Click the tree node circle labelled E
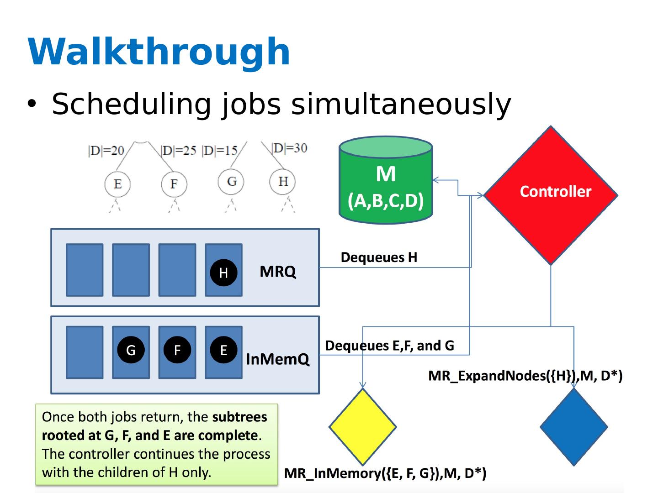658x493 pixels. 117,184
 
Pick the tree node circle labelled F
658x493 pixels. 174,184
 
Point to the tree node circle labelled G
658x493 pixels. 231,182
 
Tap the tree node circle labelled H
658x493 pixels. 283,182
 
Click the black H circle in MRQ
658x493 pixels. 223,273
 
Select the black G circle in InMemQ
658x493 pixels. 131,350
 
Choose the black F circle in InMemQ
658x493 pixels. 177,350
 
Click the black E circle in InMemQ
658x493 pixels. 223,350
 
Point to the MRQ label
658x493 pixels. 278,272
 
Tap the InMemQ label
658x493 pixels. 277,359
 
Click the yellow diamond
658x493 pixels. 362,427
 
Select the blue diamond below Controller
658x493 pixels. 573,427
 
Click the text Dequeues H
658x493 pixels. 379,257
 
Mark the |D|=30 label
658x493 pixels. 289,148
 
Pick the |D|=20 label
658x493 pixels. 106,151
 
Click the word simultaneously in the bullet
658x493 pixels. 401,104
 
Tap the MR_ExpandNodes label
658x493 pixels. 525,376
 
